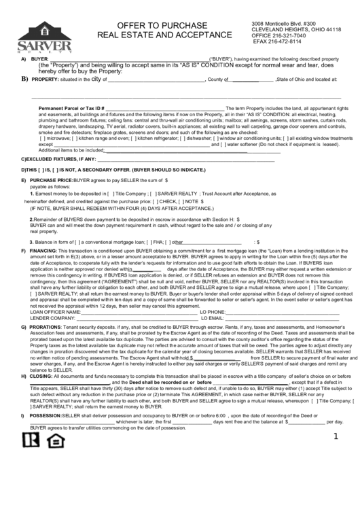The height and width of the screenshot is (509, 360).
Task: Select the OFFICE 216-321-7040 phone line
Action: [275, 35]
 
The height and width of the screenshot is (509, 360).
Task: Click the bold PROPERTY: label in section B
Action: [46, 80]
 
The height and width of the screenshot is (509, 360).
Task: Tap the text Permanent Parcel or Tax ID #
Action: [71, 108]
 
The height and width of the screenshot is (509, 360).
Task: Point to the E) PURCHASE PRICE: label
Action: [50, 180]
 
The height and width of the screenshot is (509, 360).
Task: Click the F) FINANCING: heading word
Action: [43, 251]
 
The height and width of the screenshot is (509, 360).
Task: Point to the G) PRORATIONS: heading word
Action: [46, 326]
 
